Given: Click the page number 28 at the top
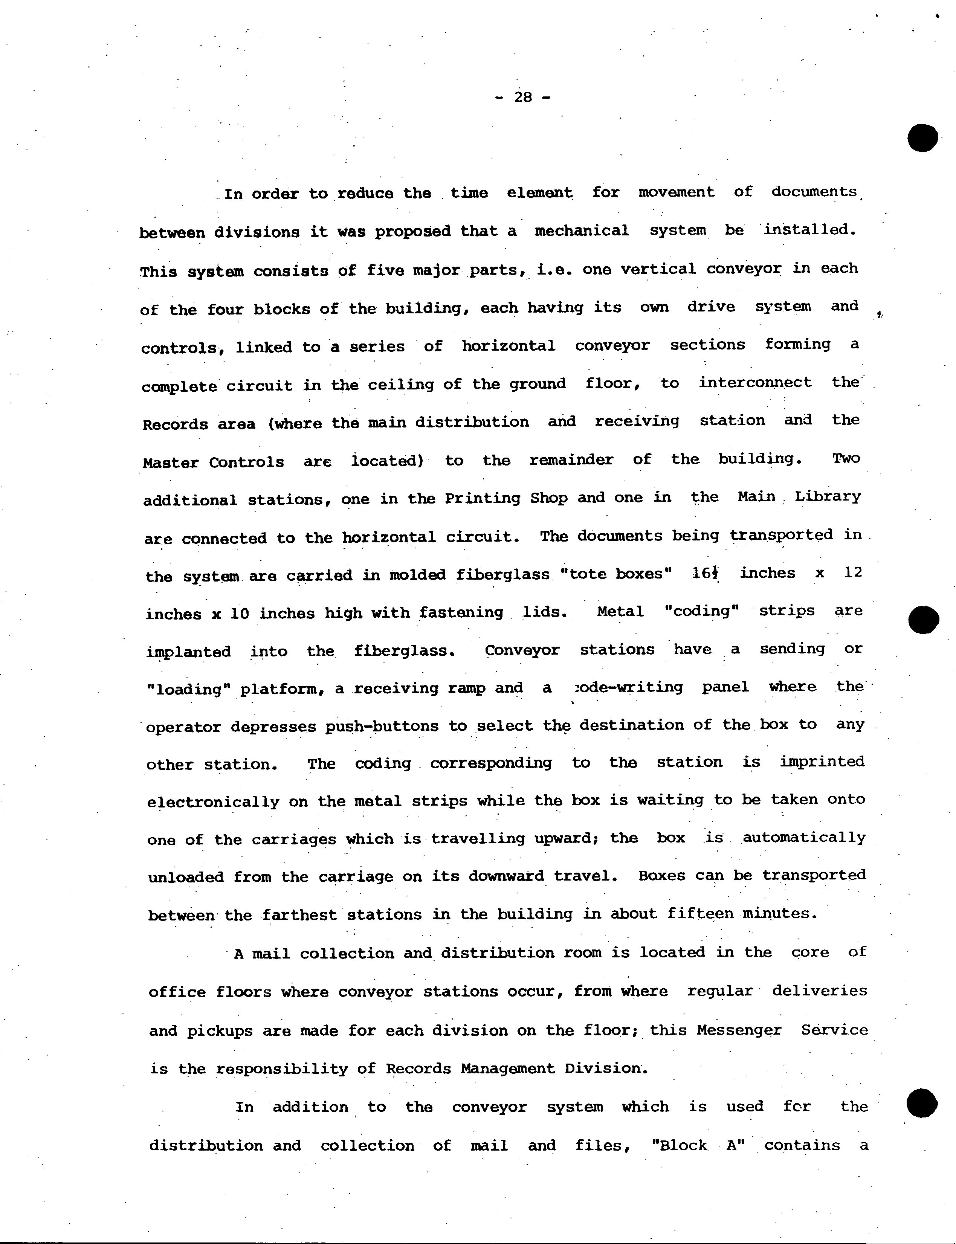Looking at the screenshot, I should [x=523, y=97].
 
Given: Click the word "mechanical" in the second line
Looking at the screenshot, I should [x=582, y=230].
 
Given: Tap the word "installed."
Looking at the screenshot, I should [x=810, y=230].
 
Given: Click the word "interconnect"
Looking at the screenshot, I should [x=755, y=382].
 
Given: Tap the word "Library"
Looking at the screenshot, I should [x=828, y=496].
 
